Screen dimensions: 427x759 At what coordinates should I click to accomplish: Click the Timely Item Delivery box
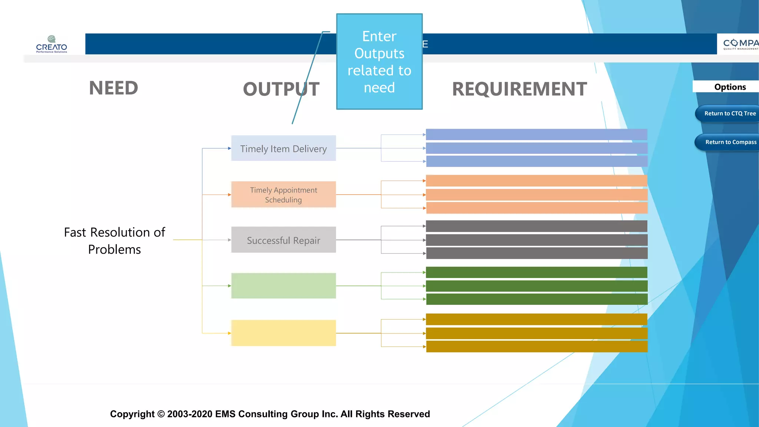(x=284, y=148)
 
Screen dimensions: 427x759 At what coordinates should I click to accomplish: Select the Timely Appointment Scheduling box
(x=284, y=195)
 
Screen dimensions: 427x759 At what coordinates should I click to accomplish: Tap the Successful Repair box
(x=284, y=240)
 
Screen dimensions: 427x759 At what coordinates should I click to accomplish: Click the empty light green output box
(x=284, y=286)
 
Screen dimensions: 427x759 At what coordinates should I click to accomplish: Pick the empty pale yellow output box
(x=284, y=333)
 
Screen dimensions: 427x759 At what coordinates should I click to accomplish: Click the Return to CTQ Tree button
(x=728, y=113)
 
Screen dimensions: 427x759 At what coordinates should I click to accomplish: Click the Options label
(x=730, y=87)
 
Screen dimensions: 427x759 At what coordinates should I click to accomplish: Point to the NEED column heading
(x=113, y=88)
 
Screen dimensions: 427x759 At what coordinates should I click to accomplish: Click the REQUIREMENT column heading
(x=519, y=89)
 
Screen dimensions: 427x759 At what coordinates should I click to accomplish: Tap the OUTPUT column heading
(x=281, y=89)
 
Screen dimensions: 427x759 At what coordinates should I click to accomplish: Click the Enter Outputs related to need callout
(x=379, y=62)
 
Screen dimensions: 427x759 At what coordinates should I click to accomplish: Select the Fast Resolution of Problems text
(x=115, y=241)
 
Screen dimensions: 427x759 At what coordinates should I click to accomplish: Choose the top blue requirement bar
(x=536, y=135)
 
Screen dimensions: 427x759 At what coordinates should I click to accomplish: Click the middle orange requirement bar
(x=536, y=195)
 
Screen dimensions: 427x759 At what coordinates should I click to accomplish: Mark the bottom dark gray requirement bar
(x=536, y=253)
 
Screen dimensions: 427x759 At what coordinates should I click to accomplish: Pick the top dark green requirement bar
(x=536, y=272)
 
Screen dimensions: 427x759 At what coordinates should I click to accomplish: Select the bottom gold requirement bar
(x=536, y=347)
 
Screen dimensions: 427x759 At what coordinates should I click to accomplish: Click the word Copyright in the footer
(x=132, y=414)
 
